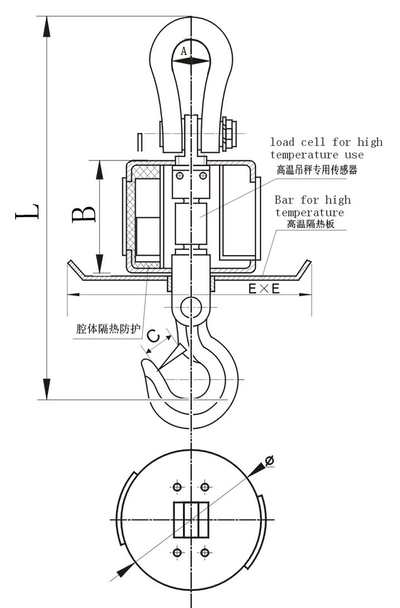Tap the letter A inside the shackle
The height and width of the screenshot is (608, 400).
(x=184, y=52)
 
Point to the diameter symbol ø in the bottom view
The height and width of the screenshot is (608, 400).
(x=269, y=462)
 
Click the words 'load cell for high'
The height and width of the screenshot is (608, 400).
(x=326, y=142)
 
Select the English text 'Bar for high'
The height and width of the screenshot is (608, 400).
(x=312, y=200)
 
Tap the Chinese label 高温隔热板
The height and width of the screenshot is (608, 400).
(x=310, y=224)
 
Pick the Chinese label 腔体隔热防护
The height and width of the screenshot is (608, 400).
(x=107, y=329)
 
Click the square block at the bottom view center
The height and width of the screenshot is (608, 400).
(x=191, y=520)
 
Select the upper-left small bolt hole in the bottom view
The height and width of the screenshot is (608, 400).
(x=177, y=487)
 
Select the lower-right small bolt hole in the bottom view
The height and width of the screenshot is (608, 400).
(x=204, y=553)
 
